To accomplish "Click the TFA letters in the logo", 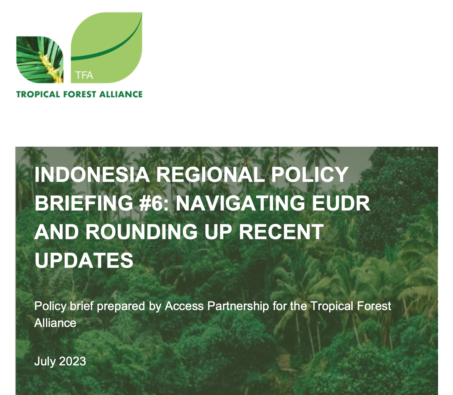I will tap(84, 75).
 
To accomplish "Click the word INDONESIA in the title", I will tap(92, 174).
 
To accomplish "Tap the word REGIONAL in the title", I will tap(210, 174).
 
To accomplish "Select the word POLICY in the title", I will tap(310, 174).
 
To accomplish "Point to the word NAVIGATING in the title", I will tap(240, 203).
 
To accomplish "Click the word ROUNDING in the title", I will tap(141, 232).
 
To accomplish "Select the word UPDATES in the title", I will tap(84, 260).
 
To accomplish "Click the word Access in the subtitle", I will tap(184, 306).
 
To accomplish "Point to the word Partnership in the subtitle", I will tap(238, 306).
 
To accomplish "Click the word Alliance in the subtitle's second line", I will tap(55, 323).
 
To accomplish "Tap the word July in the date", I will tap(45, 361).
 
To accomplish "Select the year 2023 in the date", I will tap(73, 361).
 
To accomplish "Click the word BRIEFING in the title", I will tap(84, 203).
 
